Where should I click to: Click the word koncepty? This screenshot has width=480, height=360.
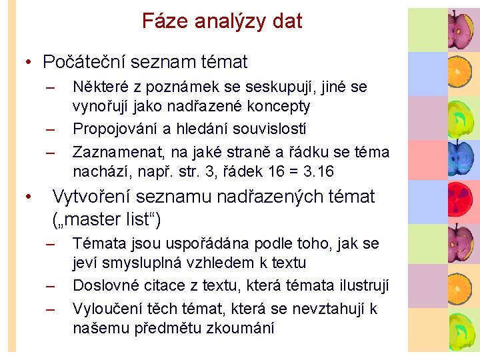(x=281, y=106)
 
